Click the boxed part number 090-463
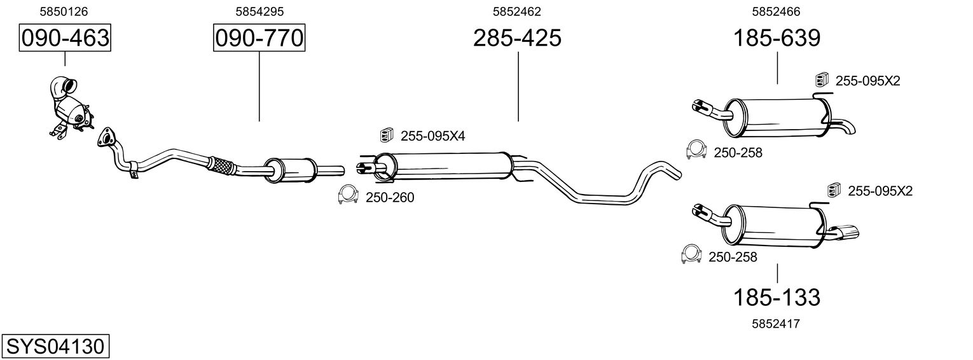point(64,39)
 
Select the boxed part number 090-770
point(259,39)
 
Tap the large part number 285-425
point(517,39)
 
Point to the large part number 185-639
point(776,39)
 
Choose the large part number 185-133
point(776,296)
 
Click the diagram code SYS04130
point(55,347)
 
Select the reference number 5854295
point(259,11)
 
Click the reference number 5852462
point(517,11)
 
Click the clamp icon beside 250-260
point(347,195)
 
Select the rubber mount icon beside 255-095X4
point(386,135)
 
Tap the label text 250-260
point(390,198)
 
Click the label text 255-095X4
point(432,135)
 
